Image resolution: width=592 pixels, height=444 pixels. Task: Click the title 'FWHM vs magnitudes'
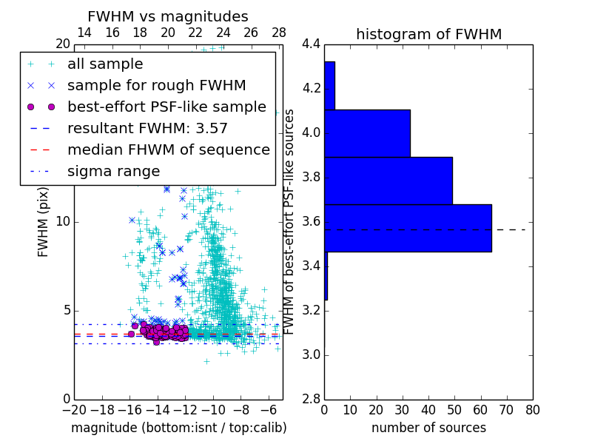click(168, 16)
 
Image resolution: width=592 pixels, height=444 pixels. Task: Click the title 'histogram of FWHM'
click(428, 34)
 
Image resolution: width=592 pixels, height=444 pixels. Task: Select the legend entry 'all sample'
click(105, 64)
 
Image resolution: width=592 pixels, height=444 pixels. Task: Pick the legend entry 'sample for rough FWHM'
click(156, 85)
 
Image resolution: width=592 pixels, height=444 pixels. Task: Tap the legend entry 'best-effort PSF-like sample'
click(166, 107)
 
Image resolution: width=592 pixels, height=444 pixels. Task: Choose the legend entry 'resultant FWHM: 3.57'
click(147, 128)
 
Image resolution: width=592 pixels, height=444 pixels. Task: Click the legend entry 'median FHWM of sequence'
click(168, 149)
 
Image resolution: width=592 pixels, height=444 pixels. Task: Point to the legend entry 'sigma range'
click(113, 171)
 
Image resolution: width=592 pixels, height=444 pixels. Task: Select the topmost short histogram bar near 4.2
click(329, 85)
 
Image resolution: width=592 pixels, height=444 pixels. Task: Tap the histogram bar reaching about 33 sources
click(367, 133)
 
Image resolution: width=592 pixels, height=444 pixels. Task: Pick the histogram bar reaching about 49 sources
click(388, 181)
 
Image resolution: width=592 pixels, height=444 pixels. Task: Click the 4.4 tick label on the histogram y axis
click(311, 44)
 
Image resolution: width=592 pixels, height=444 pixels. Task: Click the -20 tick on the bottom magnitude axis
click(74, 409)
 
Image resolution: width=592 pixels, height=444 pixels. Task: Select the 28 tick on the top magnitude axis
click(279, 33)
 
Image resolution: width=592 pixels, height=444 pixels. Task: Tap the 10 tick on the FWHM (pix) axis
click(62, 222)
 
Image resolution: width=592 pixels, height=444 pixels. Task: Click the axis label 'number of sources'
click(428, 428)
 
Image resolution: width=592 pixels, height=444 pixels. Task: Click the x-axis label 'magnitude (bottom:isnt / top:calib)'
click(178, 428)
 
